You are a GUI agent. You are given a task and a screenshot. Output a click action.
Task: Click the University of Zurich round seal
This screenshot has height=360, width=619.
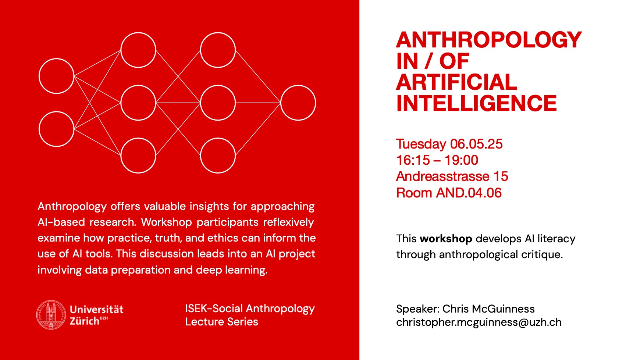pyautogui.click(x=51, y=315)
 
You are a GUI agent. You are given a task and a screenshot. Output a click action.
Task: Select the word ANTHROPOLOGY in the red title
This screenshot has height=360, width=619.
pyautogui.click(x=489, y=40)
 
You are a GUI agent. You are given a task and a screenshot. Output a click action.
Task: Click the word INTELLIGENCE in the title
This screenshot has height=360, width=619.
pyautogui.click(x=476, y=103)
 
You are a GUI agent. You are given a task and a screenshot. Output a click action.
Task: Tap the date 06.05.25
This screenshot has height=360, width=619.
pyautogui.click(x=476, y=144)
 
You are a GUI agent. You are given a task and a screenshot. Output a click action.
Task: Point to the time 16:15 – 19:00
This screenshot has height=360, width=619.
pyautogui.click(x=437, y=160)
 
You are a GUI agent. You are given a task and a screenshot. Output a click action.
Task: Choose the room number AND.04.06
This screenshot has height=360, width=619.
pyautogui.click(x=469, y=193)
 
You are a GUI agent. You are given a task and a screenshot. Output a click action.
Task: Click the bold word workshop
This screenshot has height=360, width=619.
pyautogui.click(x=446, y=239)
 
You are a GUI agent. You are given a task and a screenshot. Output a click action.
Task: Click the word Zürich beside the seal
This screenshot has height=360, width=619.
pyautogui.click(x=84, y=321)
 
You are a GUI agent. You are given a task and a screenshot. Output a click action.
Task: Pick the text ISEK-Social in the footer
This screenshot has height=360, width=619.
pyautogui.click(x=214, y=308)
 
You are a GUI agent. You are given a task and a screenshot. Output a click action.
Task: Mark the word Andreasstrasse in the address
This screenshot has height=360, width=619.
pyautogui.click(x=442, y=176)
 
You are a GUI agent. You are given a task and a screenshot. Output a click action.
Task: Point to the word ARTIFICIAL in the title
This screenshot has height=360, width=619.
pyautogui.click(x=456, y=82)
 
